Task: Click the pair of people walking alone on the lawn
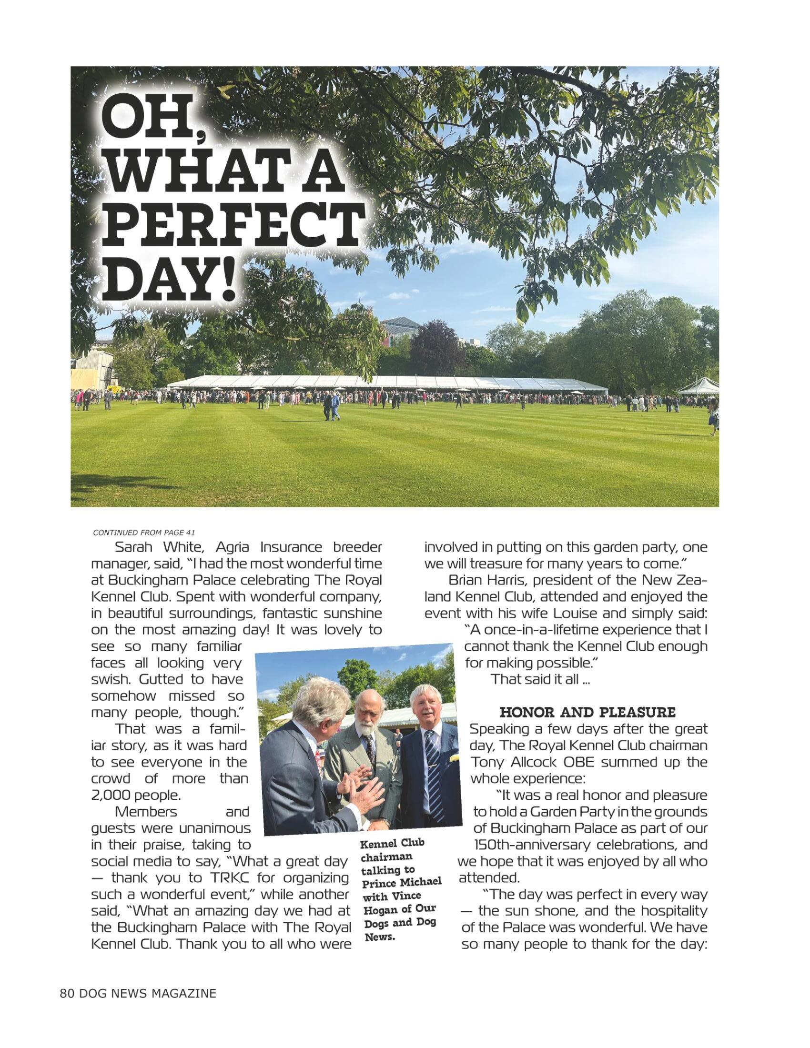pos(331,406)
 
